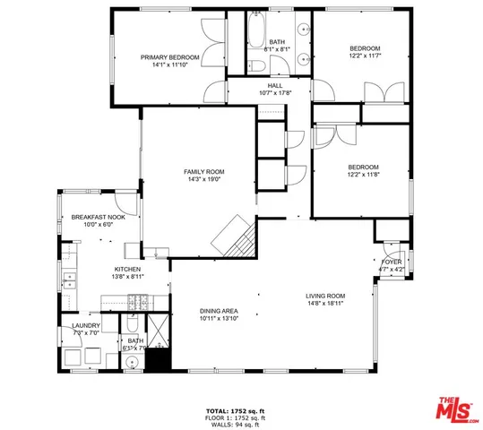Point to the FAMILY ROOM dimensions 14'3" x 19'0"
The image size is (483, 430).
(203, 179)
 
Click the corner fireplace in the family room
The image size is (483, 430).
(234, 236)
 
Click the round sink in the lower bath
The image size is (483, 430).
(132, 363)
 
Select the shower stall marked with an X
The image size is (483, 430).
(158, 331)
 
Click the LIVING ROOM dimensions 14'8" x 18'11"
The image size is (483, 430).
(325, 304)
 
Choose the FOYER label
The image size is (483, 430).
(391, 261)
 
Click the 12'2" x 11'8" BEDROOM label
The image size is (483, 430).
(363, 167)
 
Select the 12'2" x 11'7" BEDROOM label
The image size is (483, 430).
(365, 48)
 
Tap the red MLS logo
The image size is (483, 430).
(456, 410)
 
